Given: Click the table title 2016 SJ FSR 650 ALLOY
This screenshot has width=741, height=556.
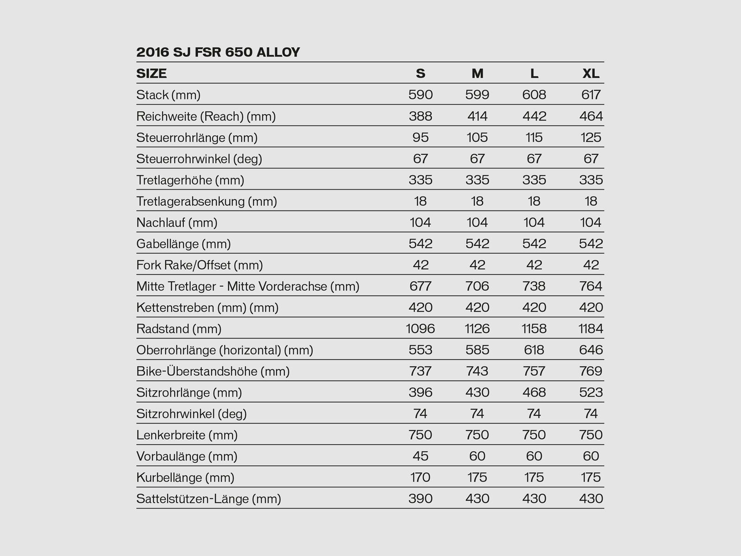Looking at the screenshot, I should [218, 52].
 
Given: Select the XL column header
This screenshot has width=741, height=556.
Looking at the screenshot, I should [591, 74].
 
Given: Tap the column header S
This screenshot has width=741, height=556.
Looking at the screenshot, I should [421, 74].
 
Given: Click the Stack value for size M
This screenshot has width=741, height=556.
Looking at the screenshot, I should [477, 95].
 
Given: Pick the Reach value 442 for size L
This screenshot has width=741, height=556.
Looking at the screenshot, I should [534, 116].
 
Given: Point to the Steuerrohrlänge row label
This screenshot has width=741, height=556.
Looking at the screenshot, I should [197, 138].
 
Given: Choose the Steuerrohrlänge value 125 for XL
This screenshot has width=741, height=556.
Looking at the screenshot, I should [591, 138].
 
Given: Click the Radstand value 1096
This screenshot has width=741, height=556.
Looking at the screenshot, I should [421, 329].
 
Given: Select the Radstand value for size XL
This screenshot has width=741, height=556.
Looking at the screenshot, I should [591, 329].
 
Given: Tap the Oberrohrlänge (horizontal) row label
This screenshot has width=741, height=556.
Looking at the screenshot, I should [225, 350].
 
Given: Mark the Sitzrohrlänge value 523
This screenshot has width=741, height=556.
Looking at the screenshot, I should [591, 393].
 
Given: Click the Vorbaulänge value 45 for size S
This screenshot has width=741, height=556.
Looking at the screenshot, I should [421, 456].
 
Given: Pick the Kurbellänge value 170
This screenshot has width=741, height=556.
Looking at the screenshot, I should [421, 478].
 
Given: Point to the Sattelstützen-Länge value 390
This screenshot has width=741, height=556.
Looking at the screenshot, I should [421, 499].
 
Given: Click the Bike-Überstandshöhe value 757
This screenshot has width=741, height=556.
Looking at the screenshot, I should [534, 372].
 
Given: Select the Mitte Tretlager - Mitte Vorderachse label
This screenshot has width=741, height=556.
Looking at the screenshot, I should [248, 287].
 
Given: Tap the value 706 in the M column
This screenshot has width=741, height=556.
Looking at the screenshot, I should [477, 286].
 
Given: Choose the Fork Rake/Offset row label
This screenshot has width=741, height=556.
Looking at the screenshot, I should [200, 265].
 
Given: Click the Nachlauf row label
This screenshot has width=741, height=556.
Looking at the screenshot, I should [177, 223].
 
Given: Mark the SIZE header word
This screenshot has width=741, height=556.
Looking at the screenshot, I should [151, 74].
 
